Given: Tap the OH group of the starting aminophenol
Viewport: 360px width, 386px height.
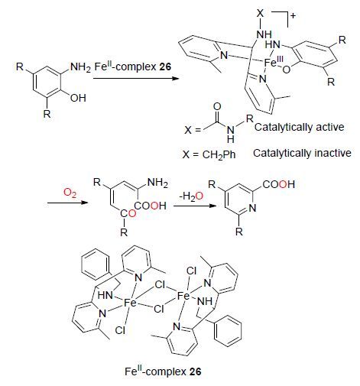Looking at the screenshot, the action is click(78, 98).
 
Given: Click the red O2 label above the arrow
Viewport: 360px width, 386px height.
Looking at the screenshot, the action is click(70, 193).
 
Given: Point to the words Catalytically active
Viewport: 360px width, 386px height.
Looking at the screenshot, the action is click(299, 127).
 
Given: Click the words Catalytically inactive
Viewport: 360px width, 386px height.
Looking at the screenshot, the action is click(302, 153).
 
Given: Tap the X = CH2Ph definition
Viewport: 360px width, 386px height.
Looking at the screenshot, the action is click(209, 154).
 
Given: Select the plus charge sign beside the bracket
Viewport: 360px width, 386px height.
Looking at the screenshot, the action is click(293, 16).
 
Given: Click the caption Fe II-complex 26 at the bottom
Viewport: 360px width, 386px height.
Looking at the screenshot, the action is click(163, 371).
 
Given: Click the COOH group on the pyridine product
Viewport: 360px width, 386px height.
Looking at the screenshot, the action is click(278, 184).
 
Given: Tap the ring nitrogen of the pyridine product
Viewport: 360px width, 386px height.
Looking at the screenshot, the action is click(252, 208).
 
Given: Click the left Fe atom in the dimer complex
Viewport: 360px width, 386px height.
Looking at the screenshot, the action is click(130, 303).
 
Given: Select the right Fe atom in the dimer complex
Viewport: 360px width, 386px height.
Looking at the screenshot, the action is click(183, 296).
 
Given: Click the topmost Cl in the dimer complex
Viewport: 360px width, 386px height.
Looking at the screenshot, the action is click(191, 271).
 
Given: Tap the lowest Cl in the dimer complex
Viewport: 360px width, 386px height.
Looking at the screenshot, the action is click(120, 330).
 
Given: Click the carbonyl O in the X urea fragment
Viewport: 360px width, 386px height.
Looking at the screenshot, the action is click(217, 107).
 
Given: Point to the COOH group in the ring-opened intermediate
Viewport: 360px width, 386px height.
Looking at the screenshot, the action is click(151, 206).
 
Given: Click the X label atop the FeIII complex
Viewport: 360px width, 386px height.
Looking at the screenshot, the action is click(260, 14).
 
